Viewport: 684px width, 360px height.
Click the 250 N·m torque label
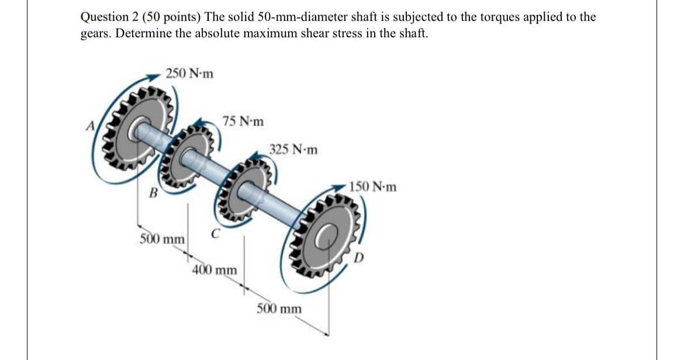point(189,74)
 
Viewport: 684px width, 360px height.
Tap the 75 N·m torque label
point(243,122)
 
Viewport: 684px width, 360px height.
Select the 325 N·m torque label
point(294,150)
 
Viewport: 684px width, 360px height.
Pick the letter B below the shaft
point(154,192)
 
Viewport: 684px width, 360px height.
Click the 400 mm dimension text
point(215,270)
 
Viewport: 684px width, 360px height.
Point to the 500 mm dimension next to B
point(162,239)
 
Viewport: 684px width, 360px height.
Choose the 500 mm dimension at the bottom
point(279,308)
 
